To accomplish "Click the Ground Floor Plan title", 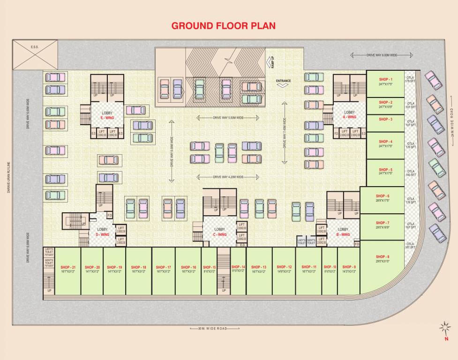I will click(223, 25).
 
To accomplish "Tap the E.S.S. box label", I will click(34, 47).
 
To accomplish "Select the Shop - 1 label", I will click(385, 80).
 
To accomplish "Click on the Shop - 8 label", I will click(383, 257).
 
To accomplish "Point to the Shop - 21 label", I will click(68, 267).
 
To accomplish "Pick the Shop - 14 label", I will click(238, 267).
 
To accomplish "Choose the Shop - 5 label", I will click(385, 170).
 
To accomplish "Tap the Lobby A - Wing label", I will click(349, 114).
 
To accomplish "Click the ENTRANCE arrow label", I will click(283, 82).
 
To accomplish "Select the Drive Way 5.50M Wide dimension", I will click(225, 118).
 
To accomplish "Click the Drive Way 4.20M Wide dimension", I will click(225, 177).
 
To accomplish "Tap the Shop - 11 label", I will click(309, 267).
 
